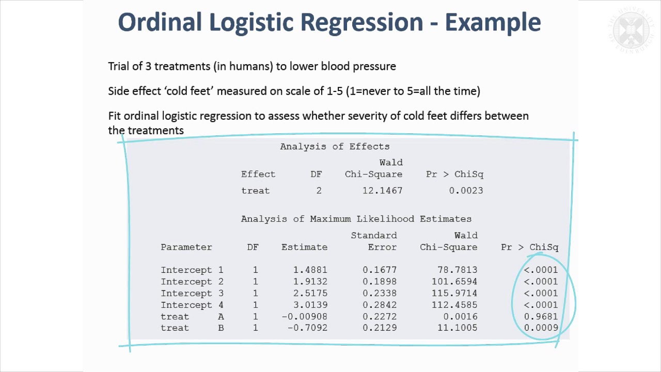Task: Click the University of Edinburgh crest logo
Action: pos(632,29)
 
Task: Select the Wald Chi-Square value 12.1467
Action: pos(382,191)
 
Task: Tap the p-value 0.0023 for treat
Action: pos(466,191)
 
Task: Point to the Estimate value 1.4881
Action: pos(310,270)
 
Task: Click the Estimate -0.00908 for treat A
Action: pos(304,316)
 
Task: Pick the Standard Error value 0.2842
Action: pos(380,305)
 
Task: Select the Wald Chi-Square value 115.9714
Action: pos(454,293)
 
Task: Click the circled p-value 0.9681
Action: pos(541,316)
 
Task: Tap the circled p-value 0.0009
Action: pos(541,328)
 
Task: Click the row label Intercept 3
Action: pos(192,293)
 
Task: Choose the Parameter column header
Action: pos(186,247)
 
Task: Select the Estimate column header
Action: pos(304,247)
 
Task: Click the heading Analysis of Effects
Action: pos(335,147)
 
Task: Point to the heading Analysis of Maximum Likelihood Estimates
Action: pos(356,219)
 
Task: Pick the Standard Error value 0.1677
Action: pos(380,270)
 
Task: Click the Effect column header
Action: pos(258,174)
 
